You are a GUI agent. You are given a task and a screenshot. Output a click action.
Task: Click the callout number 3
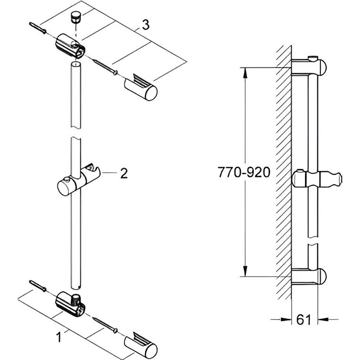tap(146, 25)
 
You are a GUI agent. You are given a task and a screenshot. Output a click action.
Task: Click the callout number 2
tap(124, 173)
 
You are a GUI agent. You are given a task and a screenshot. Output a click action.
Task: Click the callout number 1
tap(59, 337)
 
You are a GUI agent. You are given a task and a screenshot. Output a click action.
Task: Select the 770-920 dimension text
tap(244, 172)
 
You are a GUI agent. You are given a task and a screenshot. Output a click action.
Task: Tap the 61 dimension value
tap(304, 320)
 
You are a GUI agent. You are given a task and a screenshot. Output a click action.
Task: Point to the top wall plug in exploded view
tap(38, 28)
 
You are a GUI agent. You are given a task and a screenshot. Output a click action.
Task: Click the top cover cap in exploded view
tap(141, 88)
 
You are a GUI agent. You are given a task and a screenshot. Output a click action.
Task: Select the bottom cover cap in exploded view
tap(141, 347)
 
